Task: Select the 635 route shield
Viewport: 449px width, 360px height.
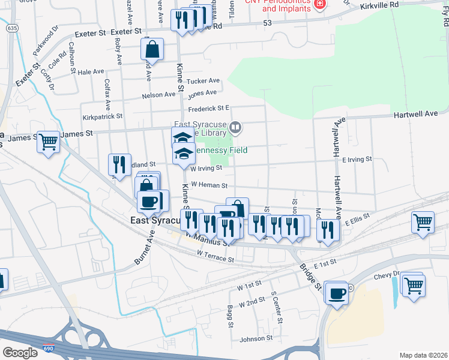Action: coord(11,28)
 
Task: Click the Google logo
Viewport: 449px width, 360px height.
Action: coord(20,352)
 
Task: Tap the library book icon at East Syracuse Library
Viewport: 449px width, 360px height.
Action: coord(237,127)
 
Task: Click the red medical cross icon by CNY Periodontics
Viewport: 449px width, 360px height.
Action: coord(320,4)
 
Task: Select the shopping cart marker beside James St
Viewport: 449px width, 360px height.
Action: coord(48,142)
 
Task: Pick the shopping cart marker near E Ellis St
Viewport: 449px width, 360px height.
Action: coord(423,221)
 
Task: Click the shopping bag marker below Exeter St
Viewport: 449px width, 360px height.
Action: coord(152,50)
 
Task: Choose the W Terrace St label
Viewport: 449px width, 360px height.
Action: coord(215,256)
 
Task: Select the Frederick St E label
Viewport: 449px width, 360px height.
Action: coord(209,108)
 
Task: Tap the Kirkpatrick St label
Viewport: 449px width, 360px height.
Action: coord(103,116)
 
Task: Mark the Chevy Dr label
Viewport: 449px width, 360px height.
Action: coord(372,275)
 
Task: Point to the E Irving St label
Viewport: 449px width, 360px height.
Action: coord(357,160)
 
